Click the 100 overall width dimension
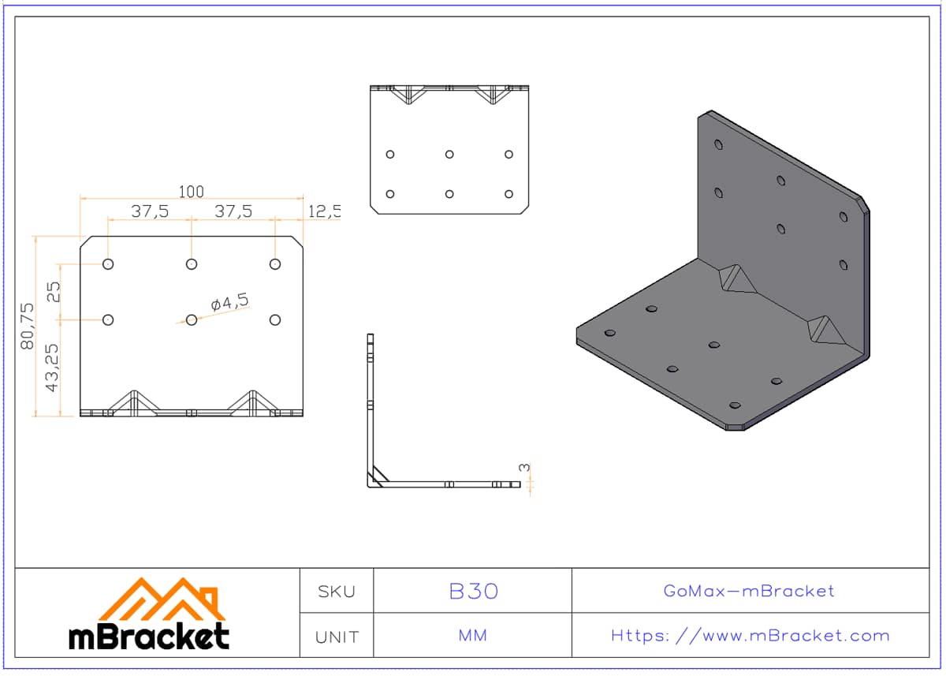pyautogui.click(x=192, y=192)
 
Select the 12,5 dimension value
pyautogui.click(x=324, y=211)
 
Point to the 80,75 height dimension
pyautogui.click(x=27, y=326)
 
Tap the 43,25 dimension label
pyautogui.click(x=52, y=368)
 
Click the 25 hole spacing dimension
pyautogui.click(x=54, y=292)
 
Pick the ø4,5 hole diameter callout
pyautogui.click(x=229, y=301)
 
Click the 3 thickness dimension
pyautogui.click(x=524, y=468)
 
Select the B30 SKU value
pyautogui.click(x=474, y=591)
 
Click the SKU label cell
pyautogui.click(x=337, y=592)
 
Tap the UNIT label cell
pyautogui.click(x=337, y=637)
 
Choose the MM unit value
pyautogui.click(x=472, y=636)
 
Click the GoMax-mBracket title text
pyautogui.click(x=749, y=591)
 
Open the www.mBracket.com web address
pyautogui.click(x=750, y=636)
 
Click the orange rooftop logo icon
pyautogui.click(x=162, y=599)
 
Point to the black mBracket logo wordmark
pyautogui.click(x=149, y=636)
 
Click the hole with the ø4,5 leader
pyautogui.click(x=192, y=319)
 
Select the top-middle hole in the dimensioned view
pyautogui.click(x=192, y=264)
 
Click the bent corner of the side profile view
pyautogui.click(x=371, y=484)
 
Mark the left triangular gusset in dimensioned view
pyautogui.click(x=134, y=402)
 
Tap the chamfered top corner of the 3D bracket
pyautogui.click(x=864, y=204)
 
